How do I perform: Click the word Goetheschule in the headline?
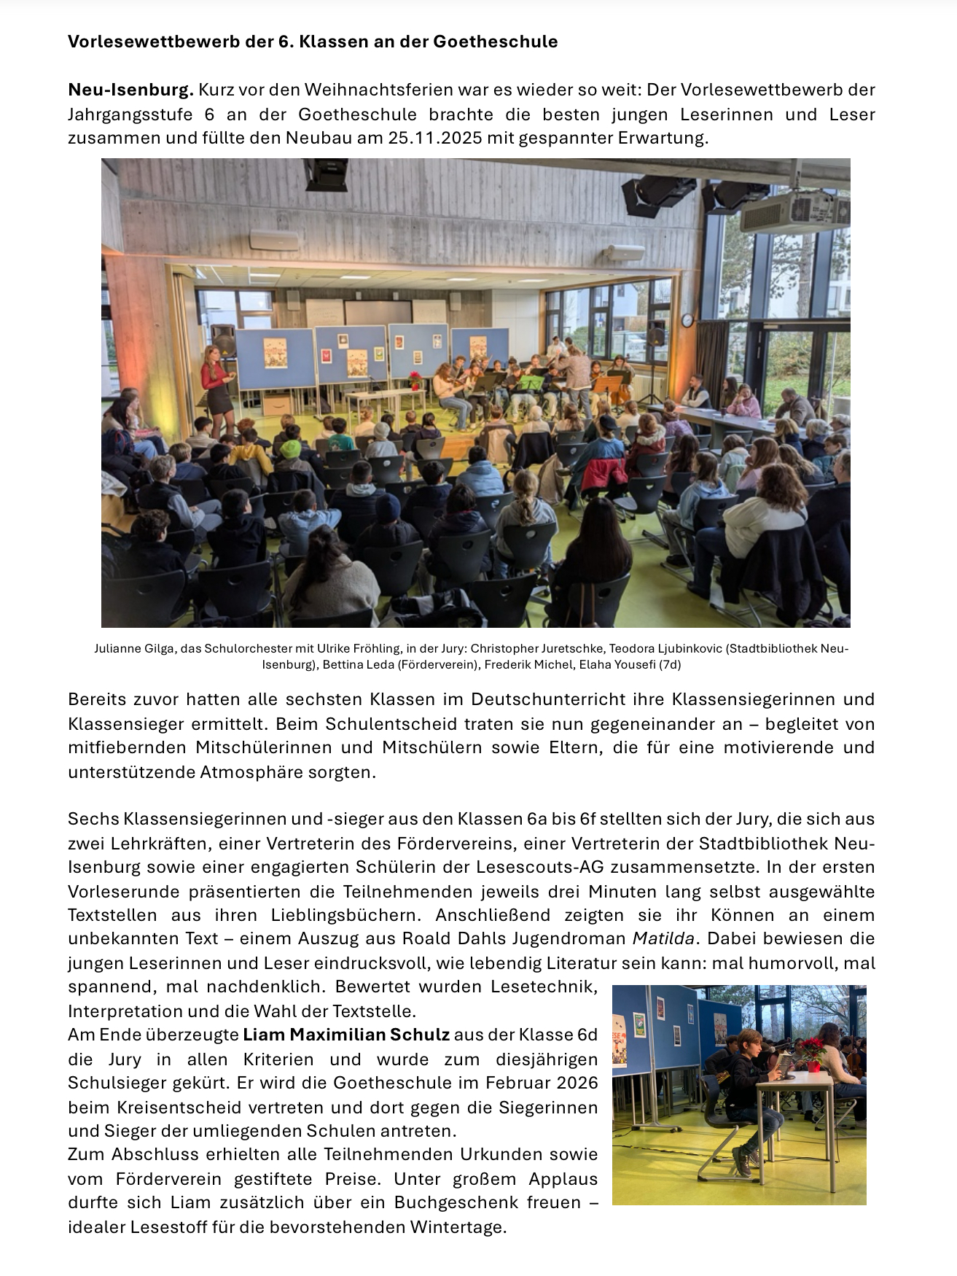495,42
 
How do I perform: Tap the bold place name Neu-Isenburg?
130,90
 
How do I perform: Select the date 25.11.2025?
434,138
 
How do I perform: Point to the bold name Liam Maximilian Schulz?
346,1035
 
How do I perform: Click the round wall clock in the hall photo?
687,320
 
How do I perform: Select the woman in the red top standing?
217,386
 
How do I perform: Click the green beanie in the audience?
291,448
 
